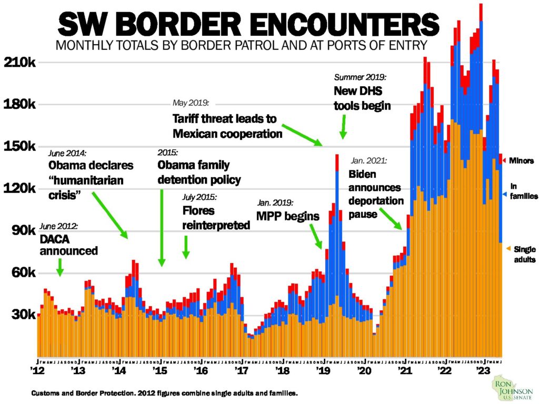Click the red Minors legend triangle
(504, 160)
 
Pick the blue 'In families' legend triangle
(504, 194)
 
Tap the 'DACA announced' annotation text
(68, 245)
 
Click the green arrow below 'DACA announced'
(59, 267)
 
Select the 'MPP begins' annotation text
(288, 216)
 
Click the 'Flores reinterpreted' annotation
(216, 219)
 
